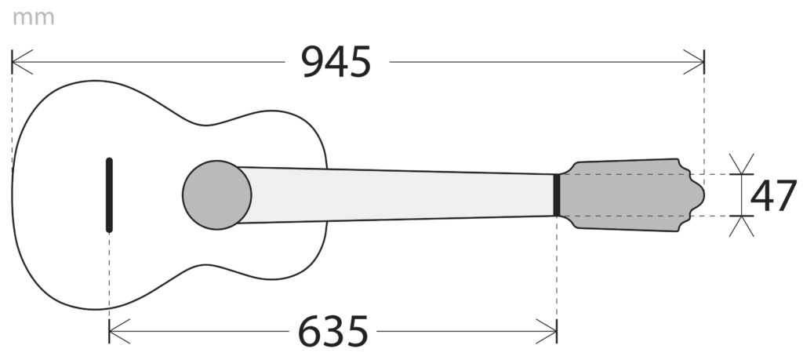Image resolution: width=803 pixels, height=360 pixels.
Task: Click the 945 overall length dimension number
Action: coord(336,62)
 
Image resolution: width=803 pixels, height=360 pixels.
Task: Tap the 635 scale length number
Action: coord(332,331)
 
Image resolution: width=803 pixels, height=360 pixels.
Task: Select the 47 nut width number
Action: coord(773,195)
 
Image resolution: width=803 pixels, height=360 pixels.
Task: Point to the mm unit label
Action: coord(33,17)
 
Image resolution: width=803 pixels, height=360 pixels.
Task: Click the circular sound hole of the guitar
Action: coord(216,195)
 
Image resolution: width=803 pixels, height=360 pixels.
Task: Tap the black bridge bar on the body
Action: coord(109,195)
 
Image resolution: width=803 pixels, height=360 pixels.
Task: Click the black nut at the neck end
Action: coord(557,195)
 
